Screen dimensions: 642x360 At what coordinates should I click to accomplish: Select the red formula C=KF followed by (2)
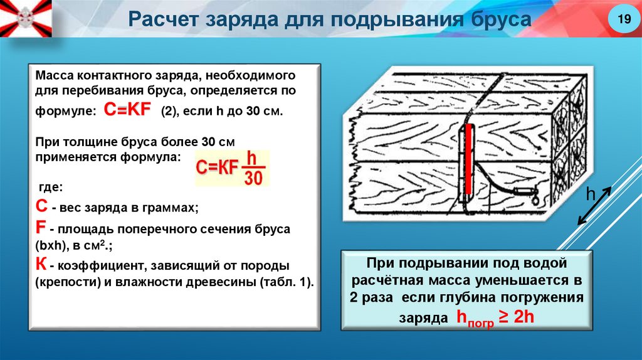click(x=127, y=110)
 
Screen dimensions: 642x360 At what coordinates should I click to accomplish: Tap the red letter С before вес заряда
click(x=40, y=205)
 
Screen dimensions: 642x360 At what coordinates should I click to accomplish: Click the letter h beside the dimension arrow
click(x=589, y=194)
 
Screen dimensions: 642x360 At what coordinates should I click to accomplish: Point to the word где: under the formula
click(x=50, y=188)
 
